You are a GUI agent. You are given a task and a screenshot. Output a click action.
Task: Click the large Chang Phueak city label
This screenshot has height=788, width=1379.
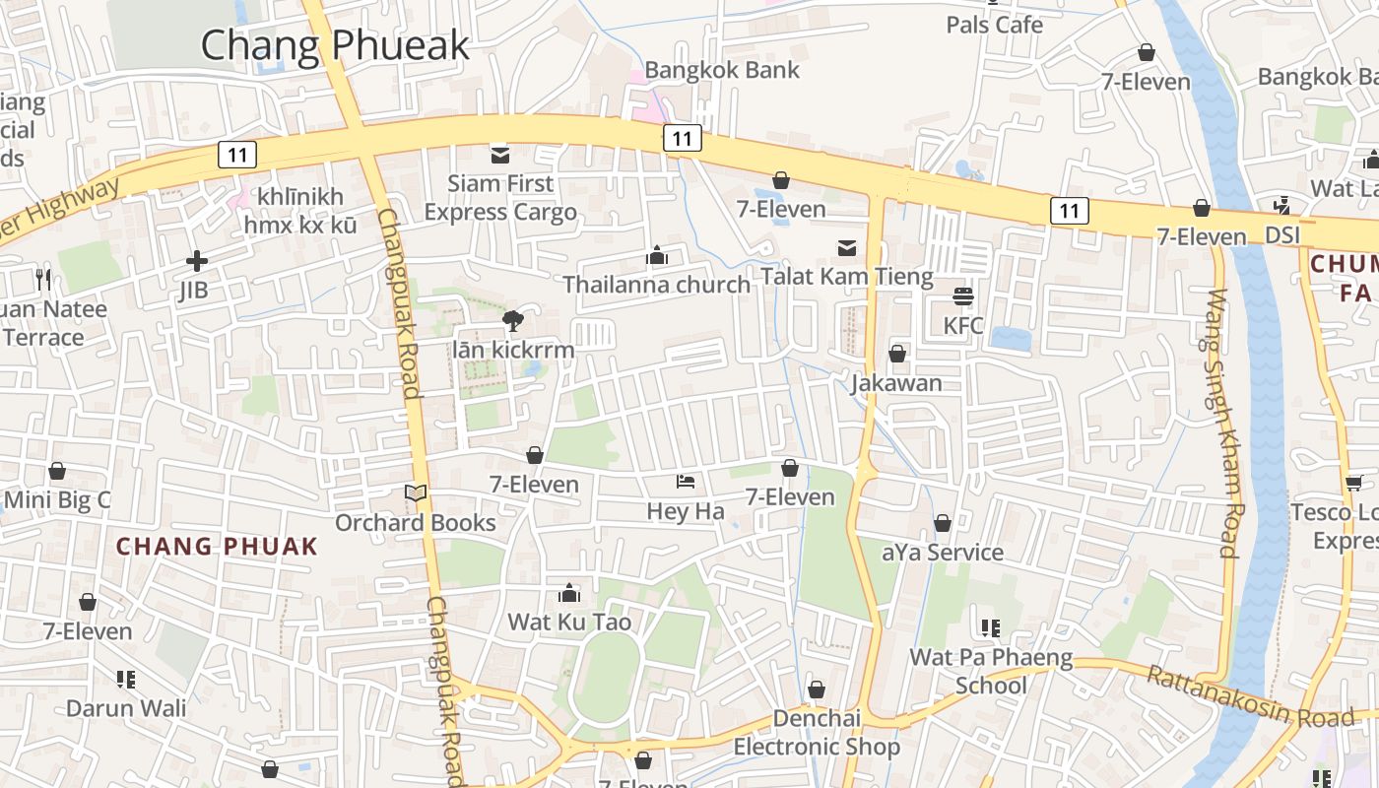335,45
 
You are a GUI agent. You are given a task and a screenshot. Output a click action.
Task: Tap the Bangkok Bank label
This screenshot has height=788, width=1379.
722,70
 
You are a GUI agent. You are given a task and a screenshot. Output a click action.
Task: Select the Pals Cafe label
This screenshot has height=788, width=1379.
994,25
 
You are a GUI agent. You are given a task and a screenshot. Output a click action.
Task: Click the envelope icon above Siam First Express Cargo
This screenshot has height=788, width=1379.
500,154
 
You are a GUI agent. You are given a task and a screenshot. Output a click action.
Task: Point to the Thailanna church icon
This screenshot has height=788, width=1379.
657,256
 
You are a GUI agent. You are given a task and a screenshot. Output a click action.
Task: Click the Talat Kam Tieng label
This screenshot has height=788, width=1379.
847,277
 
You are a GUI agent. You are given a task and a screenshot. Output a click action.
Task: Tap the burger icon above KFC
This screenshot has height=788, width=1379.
963,295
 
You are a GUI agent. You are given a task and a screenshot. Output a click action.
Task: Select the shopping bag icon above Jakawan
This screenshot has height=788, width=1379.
897,353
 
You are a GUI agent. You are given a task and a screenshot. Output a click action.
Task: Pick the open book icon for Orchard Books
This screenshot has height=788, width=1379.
416,492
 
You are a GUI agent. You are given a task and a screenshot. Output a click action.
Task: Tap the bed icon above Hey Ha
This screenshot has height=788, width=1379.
686,482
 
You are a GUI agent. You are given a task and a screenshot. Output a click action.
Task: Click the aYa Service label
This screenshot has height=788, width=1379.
943,553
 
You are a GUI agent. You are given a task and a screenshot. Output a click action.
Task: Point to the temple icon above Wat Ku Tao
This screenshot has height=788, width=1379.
569,593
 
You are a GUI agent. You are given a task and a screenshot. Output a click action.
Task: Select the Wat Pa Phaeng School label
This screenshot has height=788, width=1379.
991,671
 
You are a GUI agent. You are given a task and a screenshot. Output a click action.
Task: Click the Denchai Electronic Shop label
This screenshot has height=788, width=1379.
817,732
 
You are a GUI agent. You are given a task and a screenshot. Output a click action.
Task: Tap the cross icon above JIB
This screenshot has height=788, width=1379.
196,261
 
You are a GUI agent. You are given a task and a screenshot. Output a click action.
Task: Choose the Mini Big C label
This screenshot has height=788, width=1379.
57,500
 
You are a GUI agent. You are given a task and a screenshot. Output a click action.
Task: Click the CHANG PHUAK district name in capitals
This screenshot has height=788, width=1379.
217,547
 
